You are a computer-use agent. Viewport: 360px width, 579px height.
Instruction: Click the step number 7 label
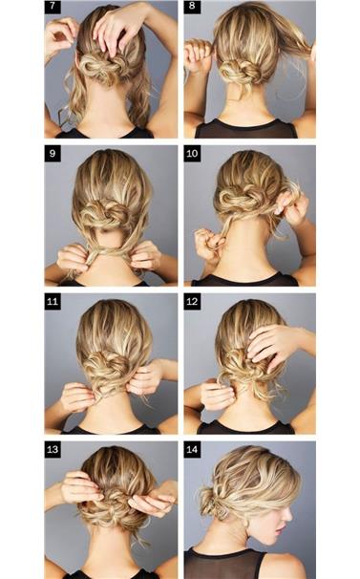(53, 7)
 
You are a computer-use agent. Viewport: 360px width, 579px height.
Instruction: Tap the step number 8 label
(192, 7)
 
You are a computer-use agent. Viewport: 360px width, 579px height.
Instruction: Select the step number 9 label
(53, 153)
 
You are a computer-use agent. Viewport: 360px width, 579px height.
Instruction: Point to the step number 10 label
(192, 153)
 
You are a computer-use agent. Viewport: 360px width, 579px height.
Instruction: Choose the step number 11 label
(53, 301)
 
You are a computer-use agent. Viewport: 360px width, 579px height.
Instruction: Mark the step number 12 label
(192, 301)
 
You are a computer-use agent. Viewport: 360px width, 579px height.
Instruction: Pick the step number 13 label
(53, 449)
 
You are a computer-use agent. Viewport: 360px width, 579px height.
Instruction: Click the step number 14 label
(192, 449)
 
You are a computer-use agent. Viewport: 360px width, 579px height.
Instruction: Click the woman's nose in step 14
(288, 514)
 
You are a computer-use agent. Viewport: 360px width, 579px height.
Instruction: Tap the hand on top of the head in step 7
(117, 27)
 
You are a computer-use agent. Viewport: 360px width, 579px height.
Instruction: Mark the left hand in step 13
(79, 487)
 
